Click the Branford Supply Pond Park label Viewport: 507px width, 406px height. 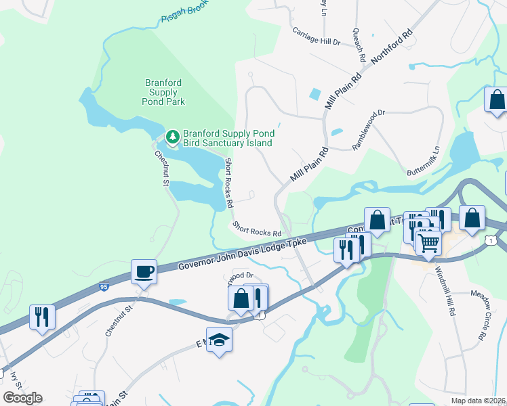coord(163,92)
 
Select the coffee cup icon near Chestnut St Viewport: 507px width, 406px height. coord(144,272)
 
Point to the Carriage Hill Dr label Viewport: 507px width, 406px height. coord(315,41)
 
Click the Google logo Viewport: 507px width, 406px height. coord(22,397)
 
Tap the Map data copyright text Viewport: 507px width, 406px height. coord(477,401)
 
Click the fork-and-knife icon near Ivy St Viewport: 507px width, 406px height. coord(42,317)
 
